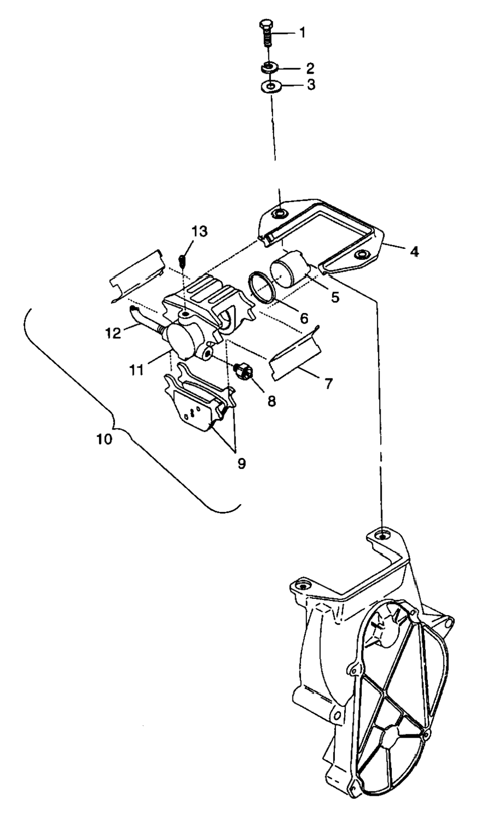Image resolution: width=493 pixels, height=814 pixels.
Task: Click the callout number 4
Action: tap(415, 251)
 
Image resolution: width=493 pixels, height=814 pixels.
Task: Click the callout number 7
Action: tap(328, 383)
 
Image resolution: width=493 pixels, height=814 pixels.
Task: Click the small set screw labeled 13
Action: tap(183, 262)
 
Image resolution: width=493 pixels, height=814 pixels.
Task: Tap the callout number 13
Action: tap(199, 232)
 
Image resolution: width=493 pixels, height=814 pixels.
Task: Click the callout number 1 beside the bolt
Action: tap(302, 33)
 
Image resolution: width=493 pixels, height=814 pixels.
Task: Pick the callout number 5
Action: tap(335, 297)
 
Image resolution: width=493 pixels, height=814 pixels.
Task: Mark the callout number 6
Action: tap(304, 318)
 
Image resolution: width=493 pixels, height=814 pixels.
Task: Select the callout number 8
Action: tap(272, 401)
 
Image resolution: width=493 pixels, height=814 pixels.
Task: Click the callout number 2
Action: tap(310, 68)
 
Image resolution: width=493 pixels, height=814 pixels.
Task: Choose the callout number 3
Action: tap(311, 85)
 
